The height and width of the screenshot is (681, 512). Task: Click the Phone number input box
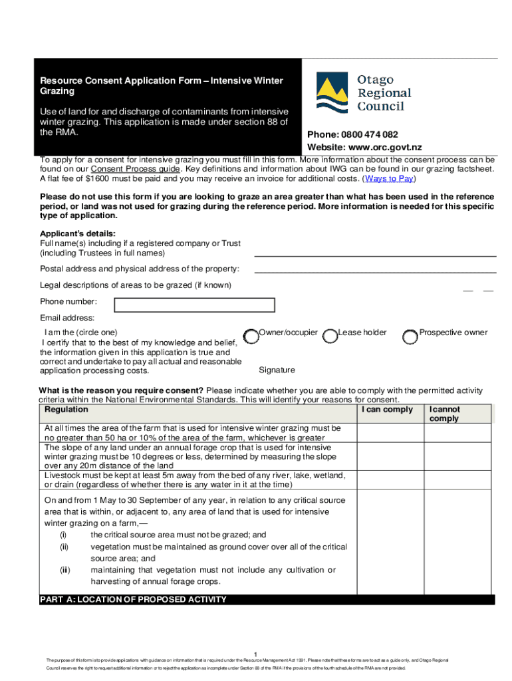point(194,305)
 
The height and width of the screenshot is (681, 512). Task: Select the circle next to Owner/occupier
point(251,337)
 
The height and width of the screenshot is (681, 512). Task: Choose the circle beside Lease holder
point(330,337)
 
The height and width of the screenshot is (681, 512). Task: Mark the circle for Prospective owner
point(410,337)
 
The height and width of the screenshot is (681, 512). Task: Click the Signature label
point(277,370)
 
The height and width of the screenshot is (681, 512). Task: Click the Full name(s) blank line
point(375,255)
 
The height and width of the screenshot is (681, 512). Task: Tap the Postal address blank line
point(375,271)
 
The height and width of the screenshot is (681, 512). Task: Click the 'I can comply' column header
point(387,410)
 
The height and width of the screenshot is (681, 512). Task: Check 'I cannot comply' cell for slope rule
point(457,457)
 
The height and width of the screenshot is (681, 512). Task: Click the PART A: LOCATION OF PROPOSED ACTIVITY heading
point(133,600)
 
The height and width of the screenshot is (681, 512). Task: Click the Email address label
point(67,318)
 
